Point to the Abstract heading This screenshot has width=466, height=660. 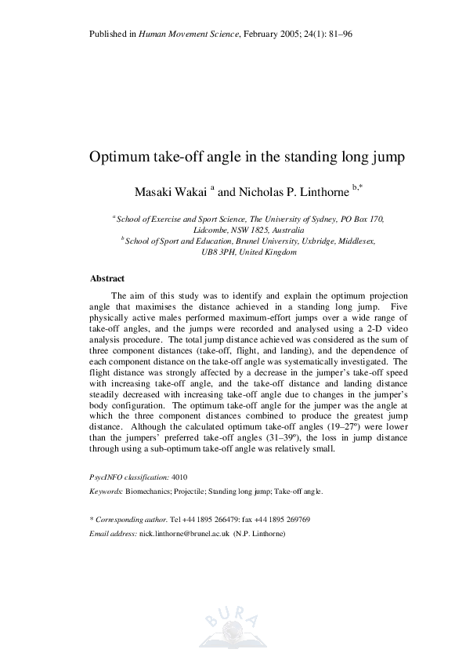coord(107,278)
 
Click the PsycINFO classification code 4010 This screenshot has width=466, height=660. coord(179,477)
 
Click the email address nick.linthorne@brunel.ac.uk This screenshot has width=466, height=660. coord(184,534)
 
